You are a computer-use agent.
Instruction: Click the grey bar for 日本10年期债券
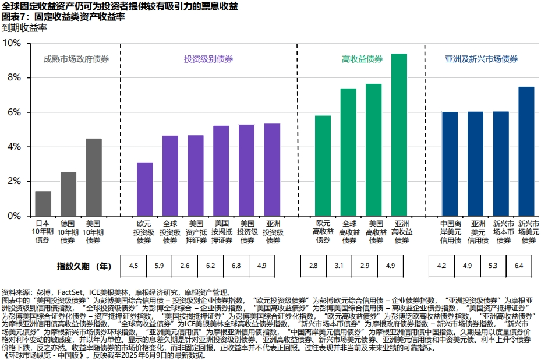[x=43, y=203]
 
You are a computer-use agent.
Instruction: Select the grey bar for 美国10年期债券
[x=94, y=177]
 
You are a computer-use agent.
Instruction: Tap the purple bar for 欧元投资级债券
[x=144, y=189]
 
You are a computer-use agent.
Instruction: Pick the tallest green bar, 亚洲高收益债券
[x=399, y=135]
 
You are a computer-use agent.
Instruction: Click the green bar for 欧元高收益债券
[x=323, y=165]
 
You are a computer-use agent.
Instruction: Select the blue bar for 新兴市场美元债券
[x=526, y=151]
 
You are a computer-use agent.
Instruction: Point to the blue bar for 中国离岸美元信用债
[x=450, y=164]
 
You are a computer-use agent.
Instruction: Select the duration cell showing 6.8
[x=236, y=266]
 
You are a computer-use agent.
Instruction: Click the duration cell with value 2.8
[x=313, y=266]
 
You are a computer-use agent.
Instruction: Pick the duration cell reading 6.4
[x=519, y=266]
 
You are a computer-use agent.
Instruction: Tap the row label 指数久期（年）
[x=84, y=266]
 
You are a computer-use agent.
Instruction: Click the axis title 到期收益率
[x=24, y=27]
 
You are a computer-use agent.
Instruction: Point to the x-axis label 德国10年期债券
[x=68, y=231]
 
